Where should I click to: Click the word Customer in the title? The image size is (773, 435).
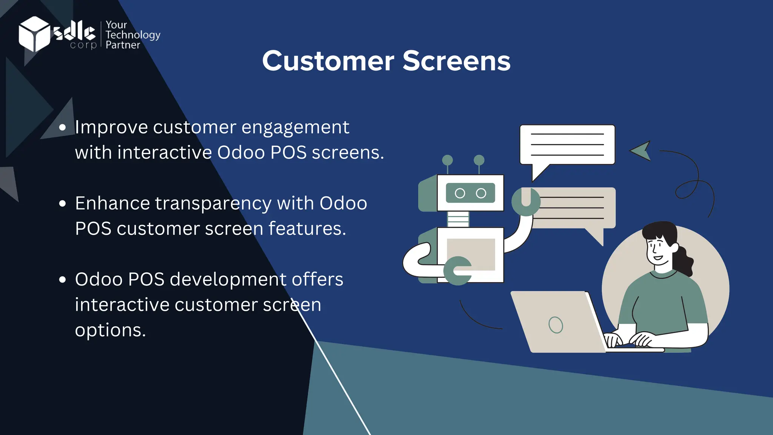point(328,61)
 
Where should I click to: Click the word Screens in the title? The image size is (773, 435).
point(456,61)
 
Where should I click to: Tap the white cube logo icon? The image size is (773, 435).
point(34,34)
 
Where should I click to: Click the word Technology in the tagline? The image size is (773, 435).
point(133,35)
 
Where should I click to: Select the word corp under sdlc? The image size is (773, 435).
point(83,45)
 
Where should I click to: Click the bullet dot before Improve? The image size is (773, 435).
point(63,128)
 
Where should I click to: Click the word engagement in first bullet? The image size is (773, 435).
point(295,128)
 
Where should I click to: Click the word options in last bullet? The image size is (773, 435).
point(110,330)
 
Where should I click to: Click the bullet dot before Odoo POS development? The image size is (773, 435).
point(63,280)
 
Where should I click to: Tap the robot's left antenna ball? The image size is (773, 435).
point(447,160)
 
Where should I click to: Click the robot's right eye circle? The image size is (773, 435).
point(481,193)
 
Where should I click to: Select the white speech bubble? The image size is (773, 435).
point(567,145)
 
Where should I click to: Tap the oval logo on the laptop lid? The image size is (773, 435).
point(556,325)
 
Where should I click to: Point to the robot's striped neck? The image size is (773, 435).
point(458,219)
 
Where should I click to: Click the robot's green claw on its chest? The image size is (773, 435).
point(457,270)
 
